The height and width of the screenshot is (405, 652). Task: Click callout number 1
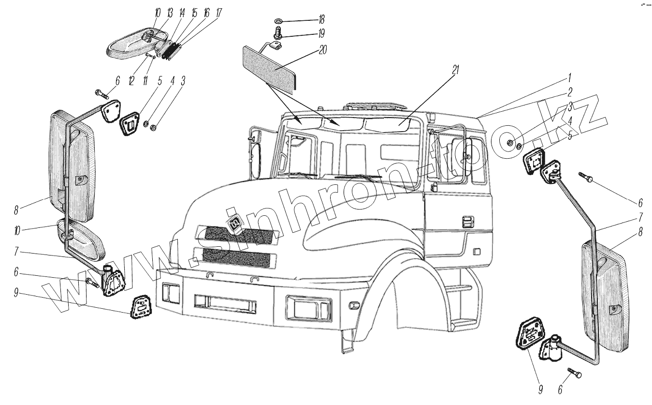[x=570, y=77]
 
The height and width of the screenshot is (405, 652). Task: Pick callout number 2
[x=570, y=91]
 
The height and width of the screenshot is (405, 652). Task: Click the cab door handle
[x=467, y=222]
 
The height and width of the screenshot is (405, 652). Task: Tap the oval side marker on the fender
[x=354, y=305]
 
